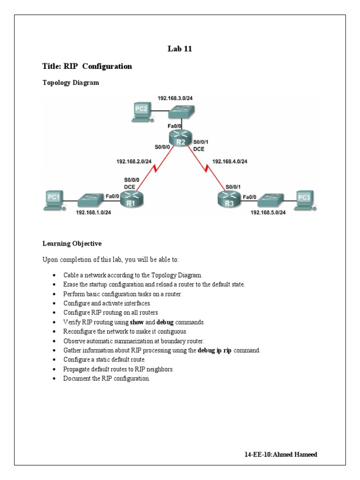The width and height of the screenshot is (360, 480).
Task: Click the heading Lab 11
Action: coord(180,49)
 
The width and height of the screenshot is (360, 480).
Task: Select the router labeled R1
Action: coord(131,200)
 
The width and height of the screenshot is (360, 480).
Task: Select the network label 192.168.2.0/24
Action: coord(134,161)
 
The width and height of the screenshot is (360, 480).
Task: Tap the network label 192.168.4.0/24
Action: coord(230,161)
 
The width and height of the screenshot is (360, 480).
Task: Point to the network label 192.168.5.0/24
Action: coord(268,212)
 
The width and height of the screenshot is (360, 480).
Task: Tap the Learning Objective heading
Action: coord(72,244)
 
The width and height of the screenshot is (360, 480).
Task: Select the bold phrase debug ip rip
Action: coord(214,351)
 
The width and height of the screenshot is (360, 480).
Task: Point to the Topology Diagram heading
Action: coord(71,82)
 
